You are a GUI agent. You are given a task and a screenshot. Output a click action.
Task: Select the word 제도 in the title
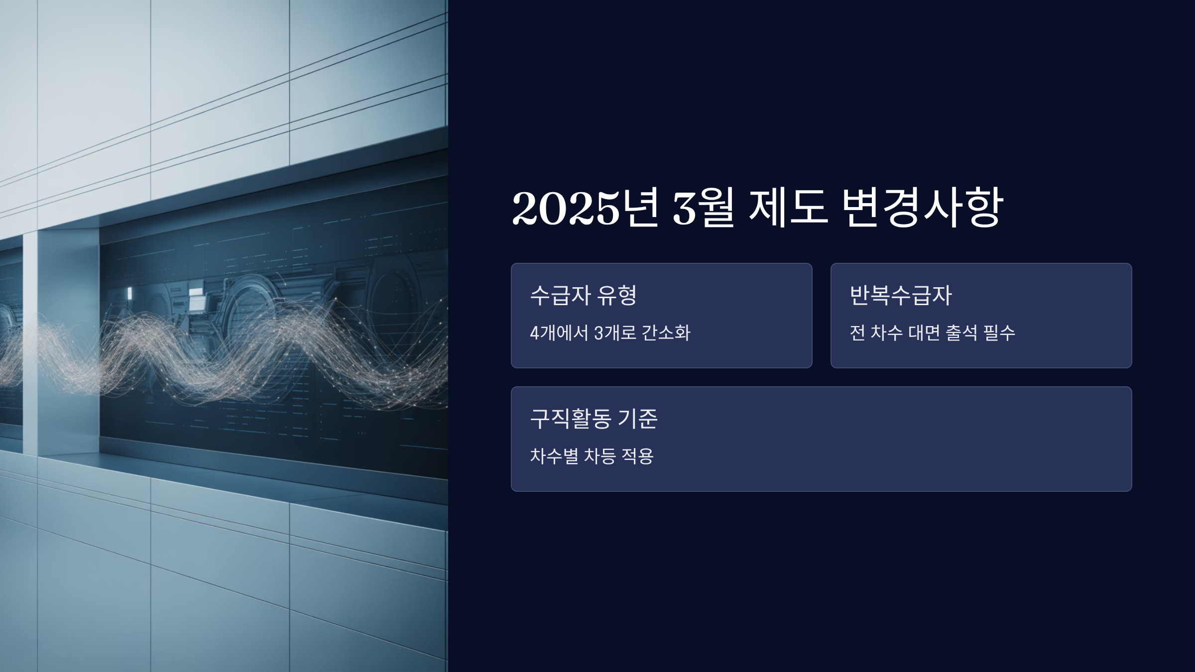[788, 208]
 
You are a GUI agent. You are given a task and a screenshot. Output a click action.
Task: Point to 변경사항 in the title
[922, 208]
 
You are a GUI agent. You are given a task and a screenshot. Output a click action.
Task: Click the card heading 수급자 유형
[584, 295]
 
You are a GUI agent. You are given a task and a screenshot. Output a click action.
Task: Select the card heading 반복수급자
[901, 295]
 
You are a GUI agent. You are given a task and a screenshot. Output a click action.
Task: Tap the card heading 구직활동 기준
[594, 419]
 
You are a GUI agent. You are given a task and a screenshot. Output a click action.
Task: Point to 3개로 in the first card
[615, 333]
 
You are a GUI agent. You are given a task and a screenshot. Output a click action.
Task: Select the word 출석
[962, 333]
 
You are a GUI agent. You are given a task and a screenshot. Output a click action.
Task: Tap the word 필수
[999, 333]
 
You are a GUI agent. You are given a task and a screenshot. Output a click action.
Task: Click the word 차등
[599, 456]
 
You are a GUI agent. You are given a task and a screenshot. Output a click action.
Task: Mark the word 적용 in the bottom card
[638, 456]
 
